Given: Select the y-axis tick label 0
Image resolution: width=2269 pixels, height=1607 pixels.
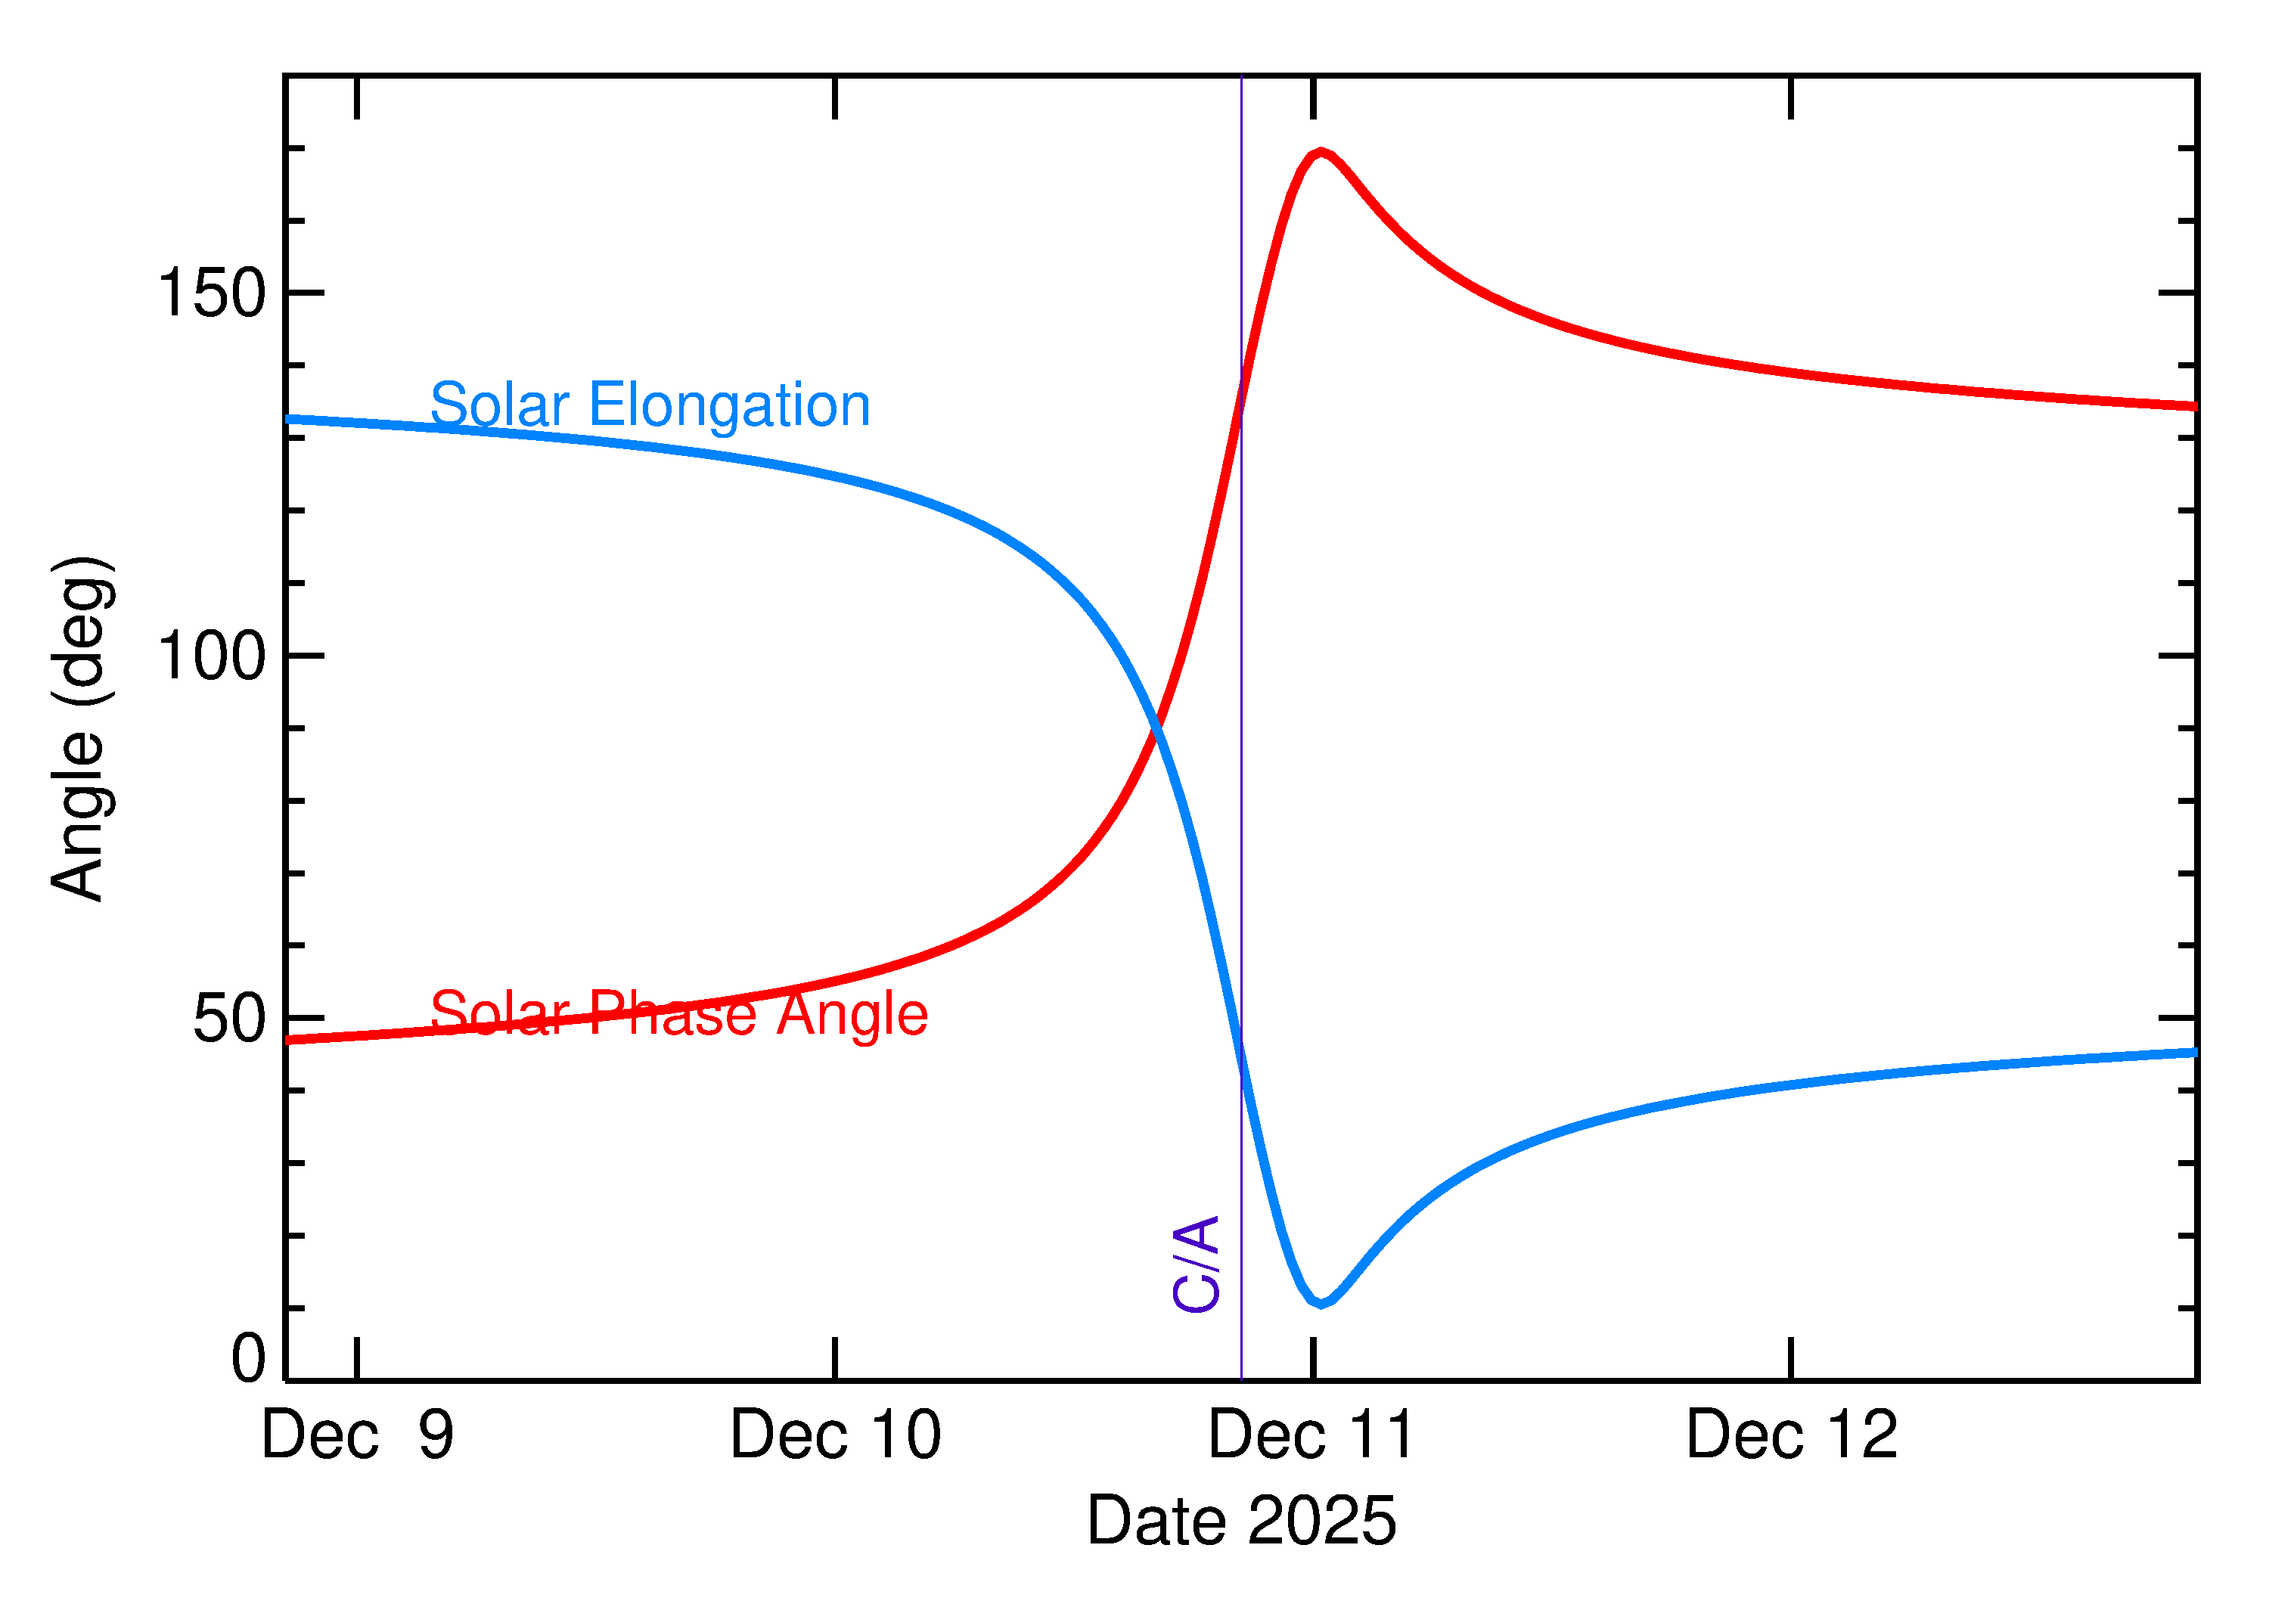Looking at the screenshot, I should pos(247,1357).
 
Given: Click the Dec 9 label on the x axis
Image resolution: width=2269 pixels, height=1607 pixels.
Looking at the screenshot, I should pos(357,1435).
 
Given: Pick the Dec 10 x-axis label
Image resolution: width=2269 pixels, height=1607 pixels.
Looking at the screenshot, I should pos(835,1435).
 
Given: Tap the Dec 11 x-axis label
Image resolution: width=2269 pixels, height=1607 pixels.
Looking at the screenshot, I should pos(1312,1435).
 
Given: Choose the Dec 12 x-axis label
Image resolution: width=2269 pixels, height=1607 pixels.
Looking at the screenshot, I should pos(1791,1435).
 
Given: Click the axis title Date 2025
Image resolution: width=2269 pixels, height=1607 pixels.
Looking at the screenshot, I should pos(1241,1520).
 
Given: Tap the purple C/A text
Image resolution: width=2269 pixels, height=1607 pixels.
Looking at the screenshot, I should pos(1195,1264).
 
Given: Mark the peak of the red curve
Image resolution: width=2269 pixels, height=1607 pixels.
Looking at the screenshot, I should pos(1320,153).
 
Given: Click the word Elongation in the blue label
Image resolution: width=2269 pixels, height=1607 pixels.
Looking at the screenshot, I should pos(729,405).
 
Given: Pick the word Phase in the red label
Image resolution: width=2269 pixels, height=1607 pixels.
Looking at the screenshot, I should pos(673,1013).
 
